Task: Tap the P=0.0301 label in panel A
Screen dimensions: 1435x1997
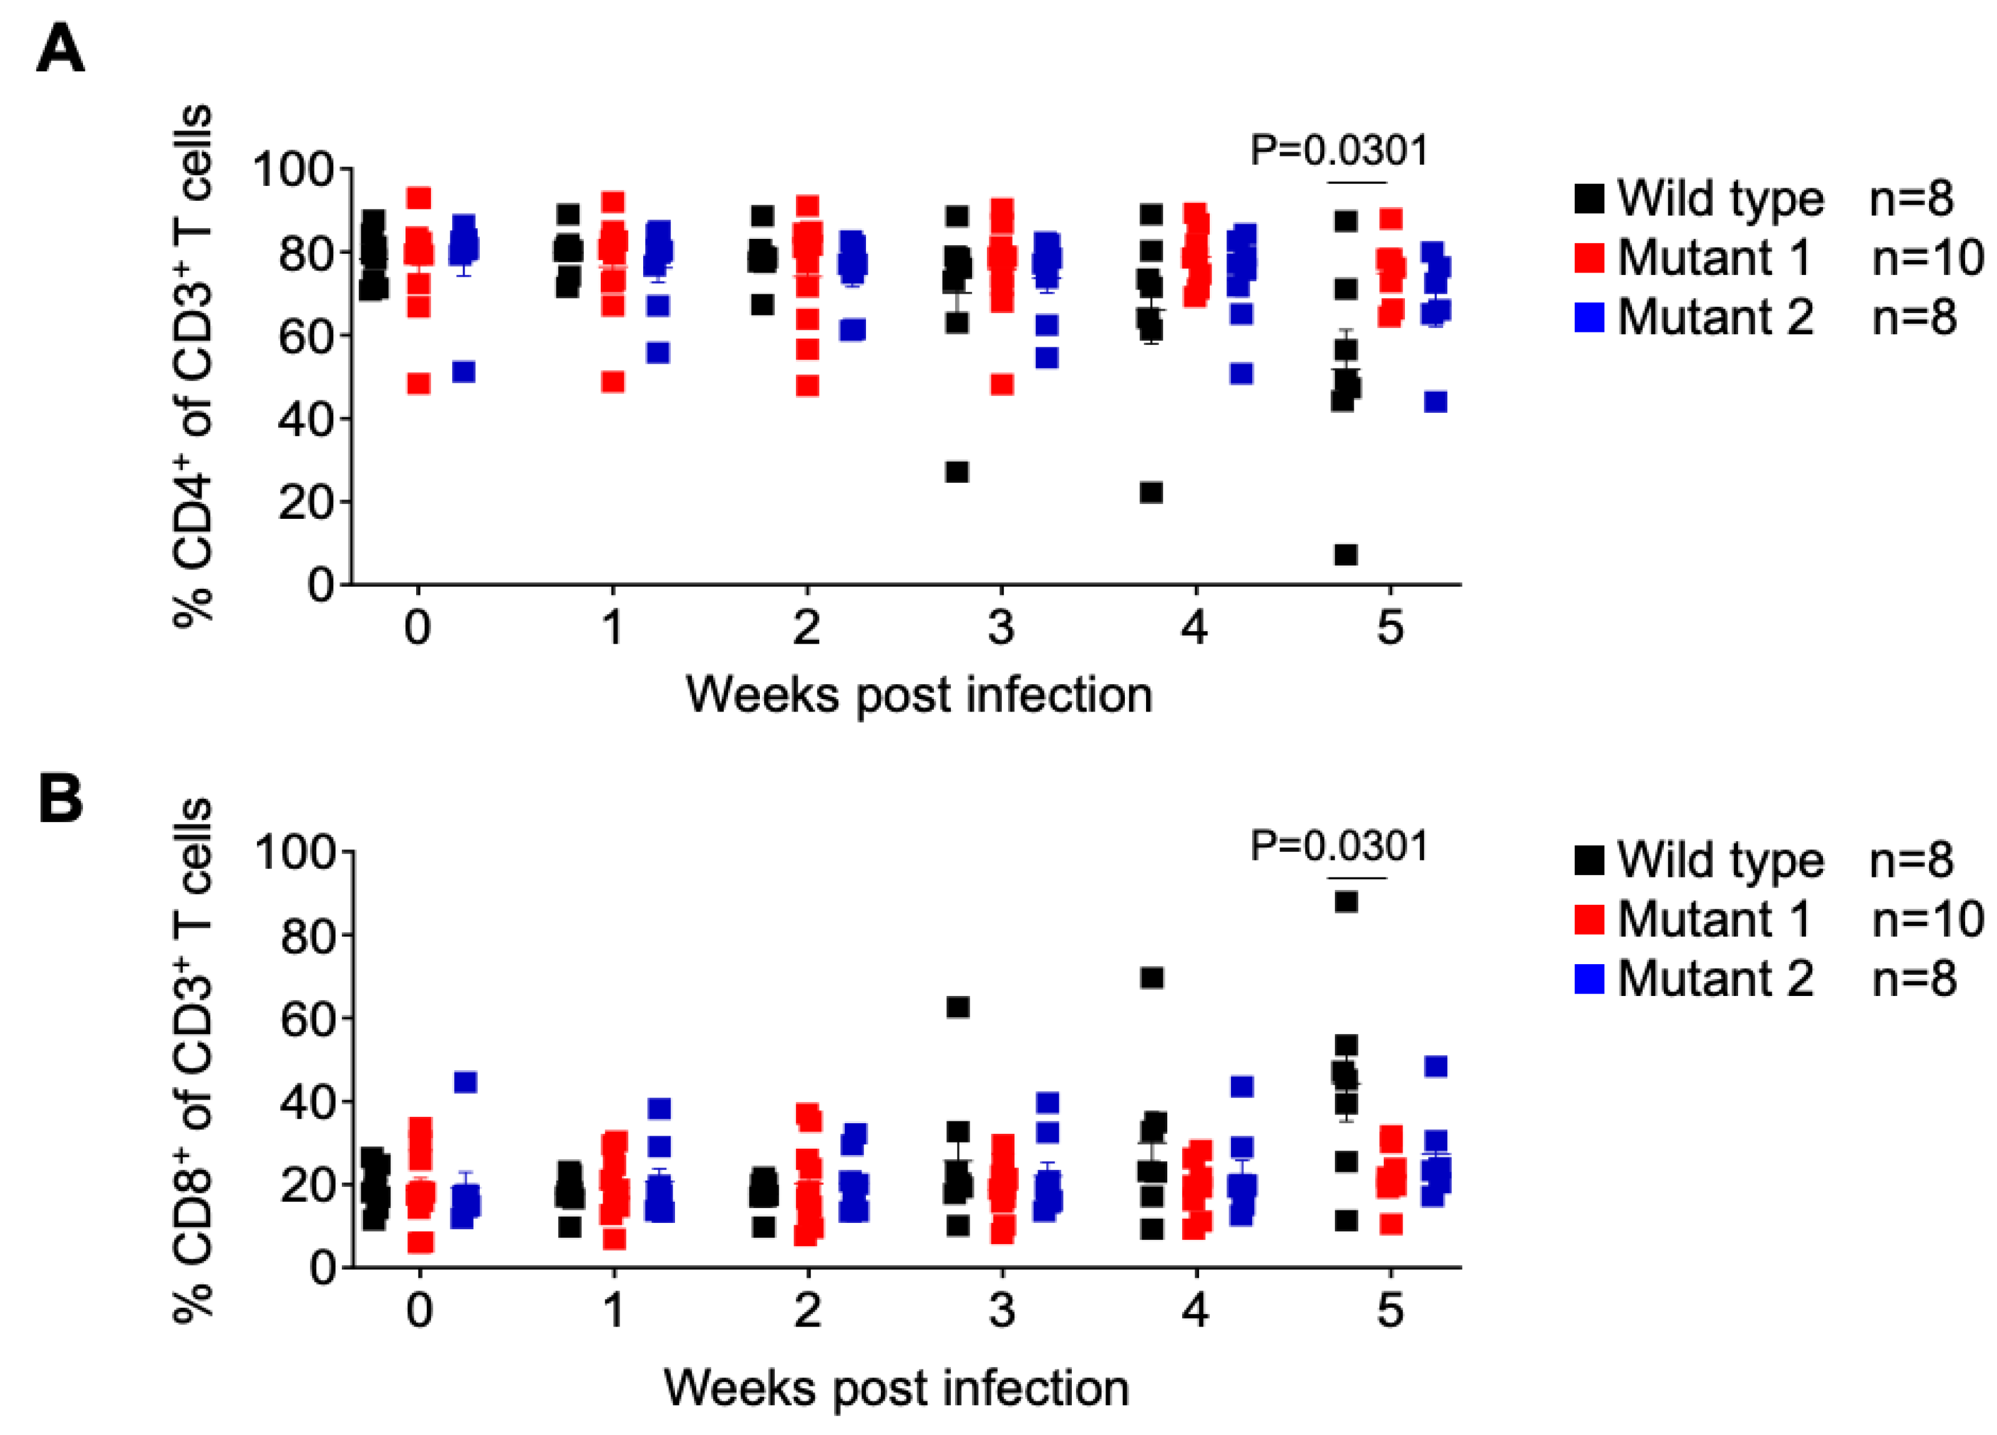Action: (x=1338, y=150)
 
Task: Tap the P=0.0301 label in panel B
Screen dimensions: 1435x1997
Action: (x=1338, y=846)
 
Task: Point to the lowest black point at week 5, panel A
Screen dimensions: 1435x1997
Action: (x=1346, y=554)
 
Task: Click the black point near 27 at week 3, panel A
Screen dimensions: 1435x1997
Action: (x=957, y=472)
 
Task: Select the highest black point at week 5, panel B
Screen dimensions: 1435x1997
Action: (x=1346, y=902)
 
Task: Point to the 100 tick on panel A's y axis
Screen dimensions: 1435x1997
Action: (x=295, y=169)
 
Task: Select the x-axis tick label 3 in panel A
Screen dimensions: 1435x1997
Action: (x=1001, y=628)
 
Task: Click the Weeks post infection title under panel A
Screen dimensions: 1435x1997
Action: (x=918, y=695)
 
